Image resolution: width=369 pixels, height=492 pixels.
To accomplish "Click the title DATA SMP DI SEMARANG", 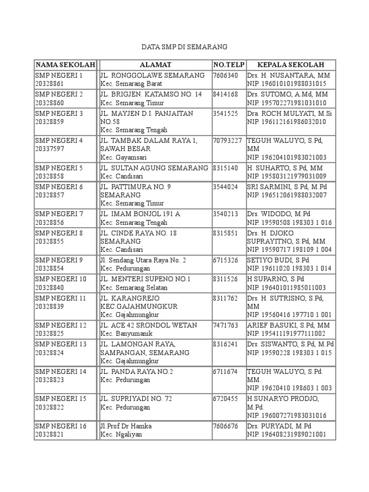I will tap(184, 47).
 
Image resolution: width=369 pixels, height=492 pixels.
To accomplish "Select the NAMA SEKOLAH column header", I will tap(65, 65).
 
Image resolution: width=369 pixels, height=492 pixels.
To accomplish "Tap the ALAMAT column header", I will tap(155, 65).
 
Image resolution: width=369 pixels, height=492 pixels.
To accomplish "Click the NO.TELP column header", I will tap(229, 65).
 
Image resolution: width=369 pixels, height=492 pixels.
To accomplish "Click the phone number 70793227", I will tap(228, 141).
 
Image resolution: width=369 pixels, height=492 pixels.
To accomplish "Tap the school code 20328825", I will tap(49, 333).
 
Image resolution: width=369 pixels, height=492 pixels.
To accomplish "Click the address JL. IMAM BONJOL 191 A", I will tap(140, 214).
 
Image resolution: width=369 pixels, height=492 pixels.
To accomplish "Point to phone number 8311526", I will tap(226, 279).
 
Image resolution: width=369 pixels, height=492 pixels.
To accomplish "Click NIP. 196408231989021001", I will tap(287, 435).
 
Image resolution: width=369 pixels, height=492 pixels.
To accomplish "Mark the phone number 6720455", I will tap(226, 399).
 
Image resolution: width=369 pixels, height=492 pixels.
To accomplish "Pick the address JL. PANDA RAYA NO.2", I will tap(137, 371).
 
